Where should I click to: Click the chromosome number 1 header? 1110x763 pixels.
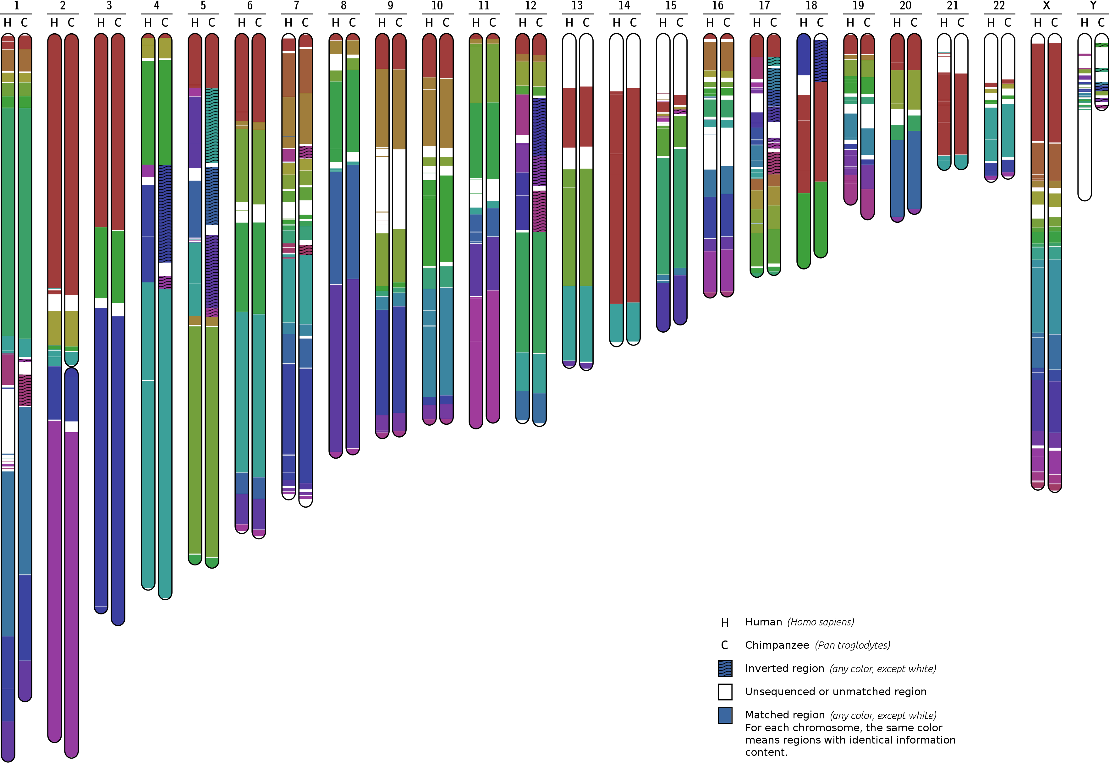tap(16, 6)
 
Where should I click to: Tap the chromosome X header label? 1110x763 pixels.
tap(1046, 6)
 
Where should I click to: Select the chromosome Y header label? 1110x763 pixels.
tap(1093, 6)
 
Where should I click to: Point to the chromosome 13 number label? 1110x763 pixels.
tap(577, 6)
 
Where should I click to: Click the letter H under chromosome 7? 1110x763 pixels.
tap(288, 23)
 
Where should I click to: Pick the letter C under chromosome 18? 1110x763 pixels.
tap(820, 23)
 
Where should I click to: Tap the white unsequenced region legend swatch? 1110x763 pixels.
tap(725, 692)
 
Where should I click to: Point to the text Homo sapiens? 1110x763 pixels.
tap(821, 622)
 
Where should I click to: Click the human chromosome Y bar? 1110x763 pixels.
tap(1084, 144)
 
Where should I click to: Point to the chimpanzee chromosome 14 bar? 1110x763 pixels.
tap(633, 191)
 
